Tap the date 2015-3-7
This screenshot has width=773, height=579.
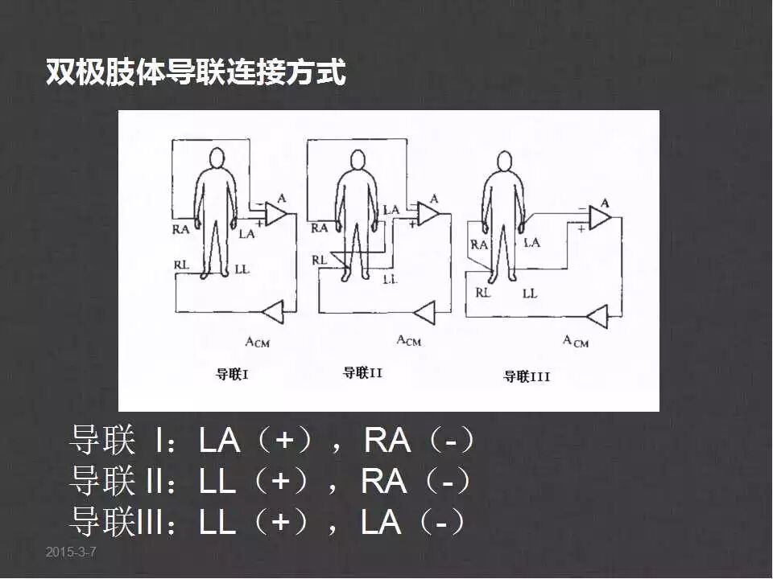pyautogui.click(x=71, y=552)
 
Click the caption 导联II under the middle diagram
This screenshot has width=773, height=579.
pyautogui.click(x=362, y=372)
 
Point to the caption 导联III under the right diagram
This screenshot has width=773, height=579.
pyautogui.click(x=527, y=376)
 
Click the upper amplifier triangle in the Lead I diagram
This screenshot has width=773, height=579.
pyautogui.click(x=275, y=214)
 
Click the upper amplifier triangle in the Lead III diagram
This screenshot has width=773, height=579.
pyautogui.click(x=600, y=218)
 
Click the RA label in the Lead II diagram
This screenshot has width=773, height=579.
pyautogui.click(x=320, y=228)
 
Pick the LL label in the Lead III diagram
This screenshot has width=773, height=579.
pyautogui.click(x=529, y=294)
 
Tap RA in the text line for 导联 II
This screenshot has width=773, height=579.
pyautogui.click(x=384, y=482)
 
